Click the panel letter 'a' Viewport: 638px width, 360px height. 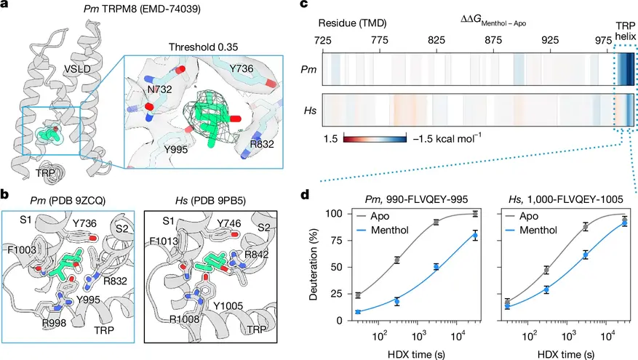pos(6,7)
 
